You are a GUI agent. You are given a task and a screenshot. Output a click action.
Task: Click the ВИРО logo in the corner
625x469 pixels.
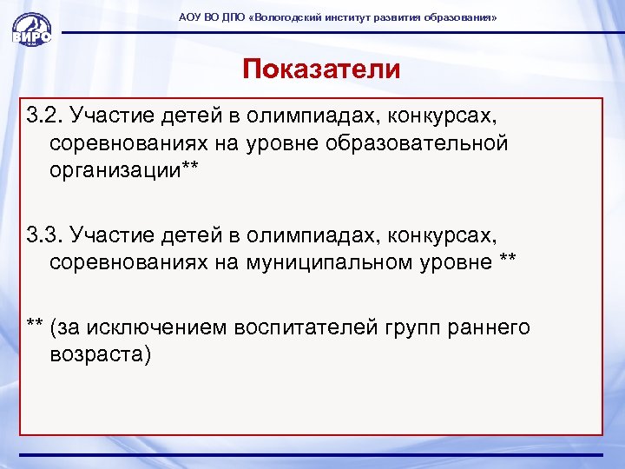31,30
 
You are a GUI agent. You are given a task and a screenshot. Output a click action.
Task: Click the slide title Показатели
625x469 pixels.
321,69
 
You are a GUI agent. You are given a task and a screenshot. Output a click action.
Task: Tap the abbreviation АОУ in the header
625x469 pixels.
189,18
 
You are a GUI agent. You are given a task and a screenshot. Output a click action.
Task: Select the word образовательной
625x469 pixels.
417,143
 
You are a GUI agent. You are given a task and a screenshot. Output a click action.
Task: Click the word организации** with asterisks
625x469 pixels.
124,170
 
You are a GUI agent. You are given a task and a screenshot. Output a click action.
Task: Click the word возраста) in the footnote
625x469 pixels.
101,354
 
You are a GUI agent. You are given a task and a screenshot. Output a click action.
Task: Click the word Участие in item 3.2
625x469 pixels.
109,116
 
